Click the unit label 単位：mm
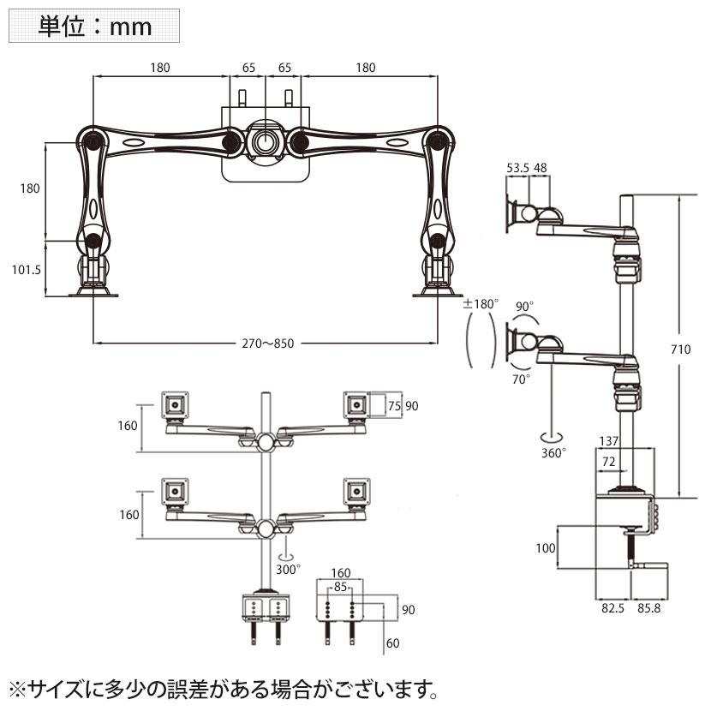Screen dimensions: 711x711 (94, 27)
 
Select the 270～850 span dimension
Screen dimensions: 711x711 (266, 344)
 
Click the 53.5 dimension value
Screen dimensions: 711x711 (517, 169)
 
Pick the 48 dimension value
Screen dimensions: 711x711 (541, 169)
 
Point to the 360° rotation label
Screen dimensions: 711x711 (553, 453)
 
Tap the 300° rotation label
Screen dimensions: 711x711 (288, 568)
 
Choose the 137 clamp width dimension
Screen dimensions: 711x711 (609, 441)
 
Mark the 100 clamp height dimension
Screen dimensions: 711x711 (544, 547)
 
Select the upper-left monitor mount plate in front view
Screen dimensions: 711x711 (176, 402)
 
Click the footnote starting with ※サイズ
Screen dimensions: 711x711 (227, 688)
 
